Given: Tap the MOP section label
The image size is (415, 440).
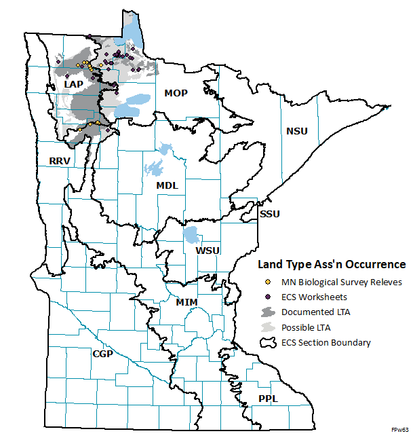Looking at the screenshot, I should pyautogui.click(x=176, y=92).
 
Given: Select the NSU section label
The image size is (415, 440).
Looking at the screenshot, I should pyautogui.click(x=296, y=131).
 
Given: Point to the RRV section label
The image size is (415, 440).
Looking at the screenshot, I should pyautogui.click(x=60, y=161).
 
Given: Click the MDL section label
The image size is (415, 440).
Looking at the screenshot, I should pyautogui.click(x=167, y=185).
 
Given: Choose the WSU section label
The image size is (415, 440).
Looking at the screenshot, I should pyautogui.click(x=207, y=251).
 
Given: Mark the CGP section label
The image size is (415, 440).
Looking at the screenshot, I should pyautogui.click(x=103, y=354).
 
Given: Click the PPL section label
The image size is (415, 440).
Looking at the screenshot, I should pyautogui.click(x=268, y=399).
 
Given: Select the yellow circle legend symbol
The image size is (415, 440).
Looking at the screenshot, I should pyautogui.click(x=268, y=281).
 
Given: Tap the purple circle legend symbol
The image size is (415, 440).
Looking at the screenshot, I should pyautogui.click(x=268, y=296).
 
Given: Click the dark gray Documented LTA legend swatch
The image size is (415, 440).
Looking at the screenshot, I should pyautogui.click(x=269, y=311).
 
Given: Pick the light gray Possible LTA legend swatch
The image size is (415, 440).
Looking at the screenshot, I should pyautogui.click(x=269, y=327).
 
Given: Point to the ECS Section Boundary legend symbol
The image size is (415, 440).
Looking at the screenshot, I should pyautogui.click(x=269, y=342).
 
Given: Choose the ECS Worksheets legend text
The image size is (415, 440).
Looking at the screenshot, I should pyautogui.click(x=314, y=296).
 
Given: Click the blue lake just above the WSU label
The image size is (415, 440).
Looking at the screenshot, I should pyautogui.click(x=192, y=236).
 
